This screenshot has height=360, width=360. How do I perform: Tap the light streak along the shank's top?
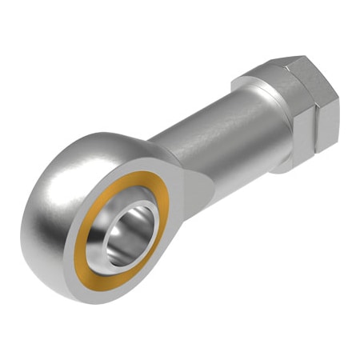[200, 120]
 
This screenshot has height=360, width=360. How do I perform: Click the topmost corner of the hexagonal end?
[300, 57]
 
